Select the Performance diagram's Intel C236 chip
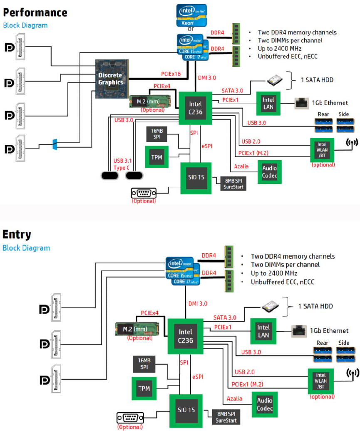pyautogui.click(x=195, y=107)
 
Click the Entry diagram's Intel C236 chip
pyautogui.click(x=185, y=337)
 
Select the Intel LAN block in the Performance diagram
pyautogui.click(x=268, y=103)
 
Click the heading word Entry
pyautogui.click(x=17, y=234)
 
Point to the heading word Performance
pyautogui.click(x=35, y=12)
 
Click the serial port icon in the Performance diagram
pyautogui.click(x=143, y=193)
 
